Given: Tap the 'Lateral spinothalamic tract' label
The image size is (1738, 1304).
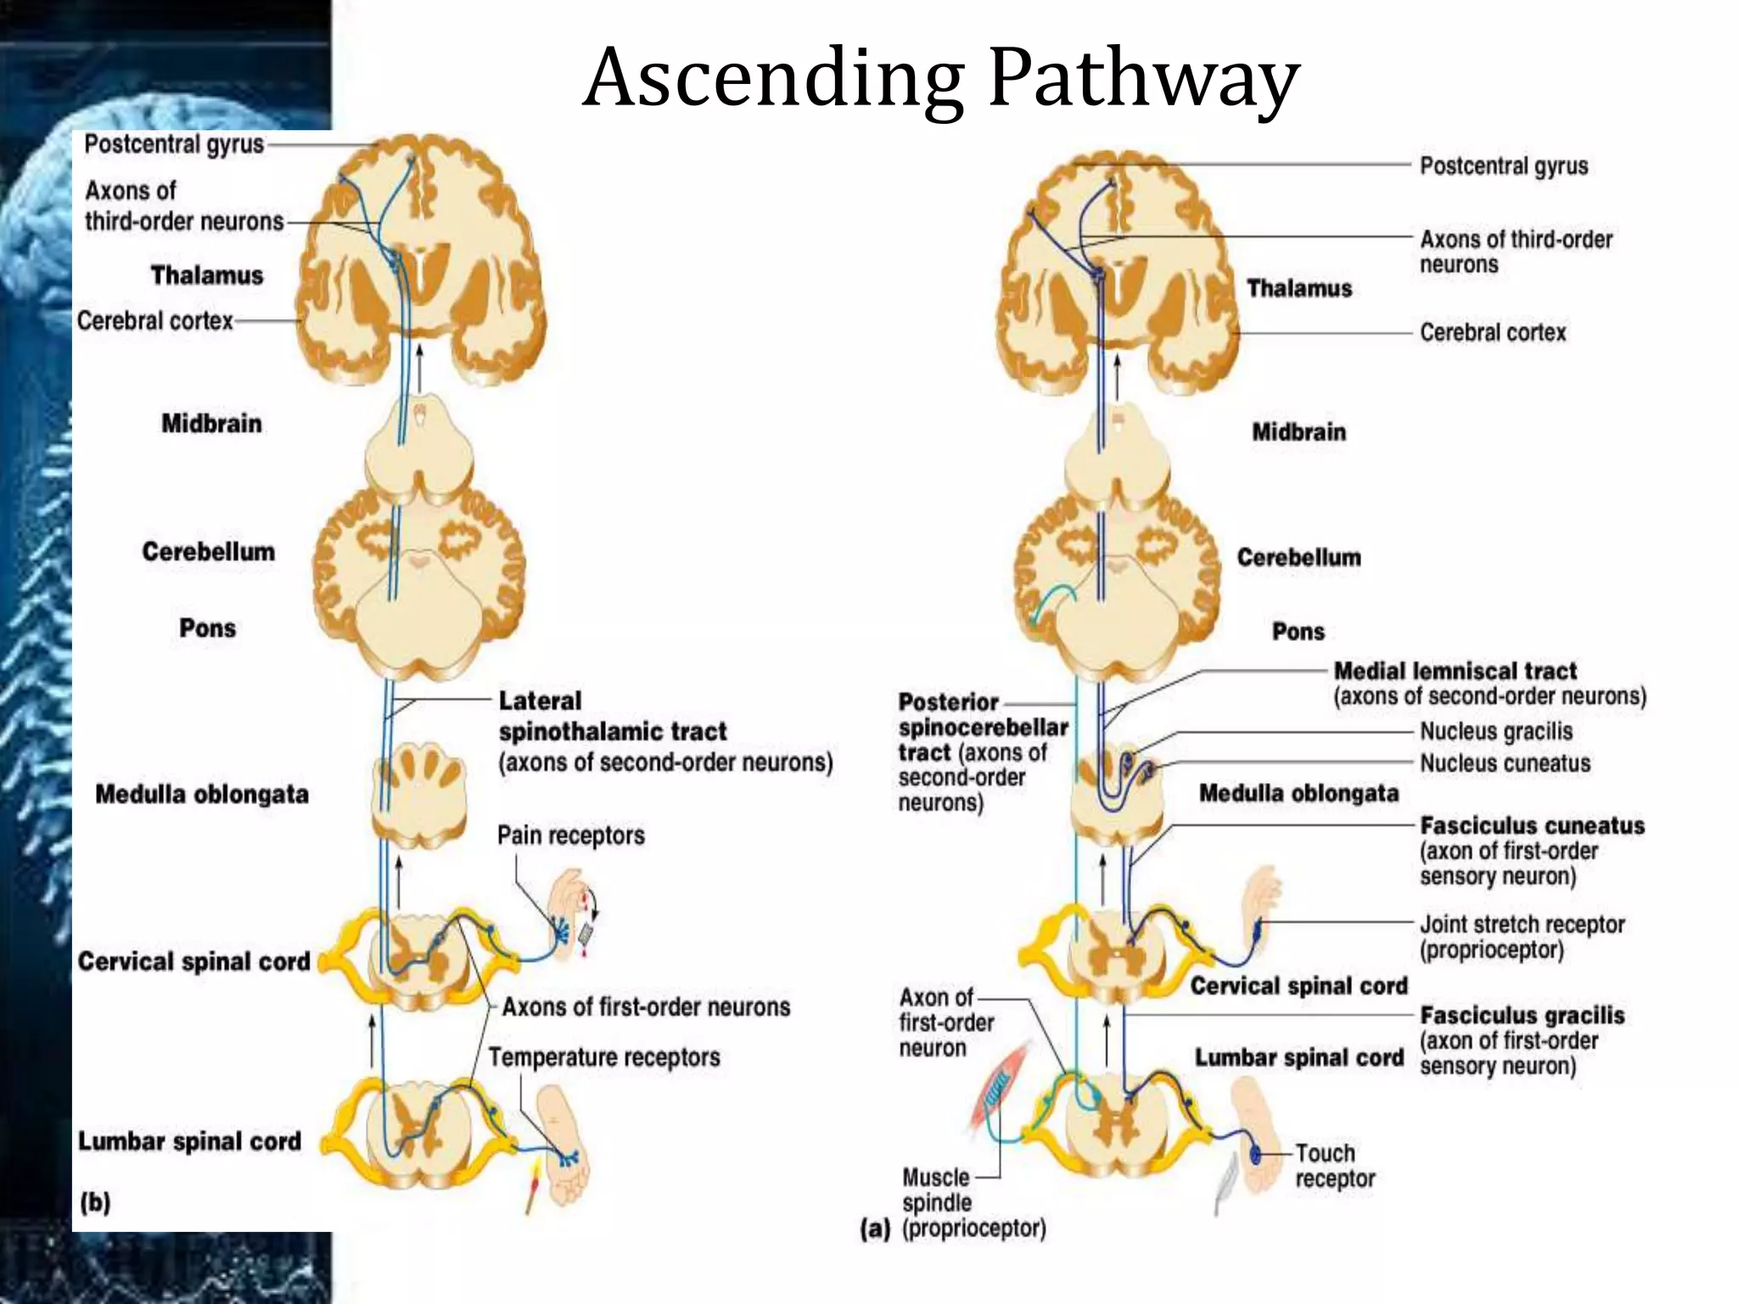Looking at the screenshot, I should tap(613, 717).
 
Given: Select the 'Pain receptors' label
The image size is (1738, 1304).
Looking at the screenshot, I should tap(570, 835).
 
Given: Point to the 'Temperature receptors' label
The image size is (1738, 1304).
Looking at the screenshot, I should tap(604, 1058).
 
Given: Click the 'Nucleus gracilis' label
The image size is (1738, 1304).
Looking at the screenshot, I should tap(1496, 732).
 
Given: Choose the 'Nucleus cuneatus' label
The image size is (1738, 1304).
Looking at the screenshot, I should tap(1505, 763).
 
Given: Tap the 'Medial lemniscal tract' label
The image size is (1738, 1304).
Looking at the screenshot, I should tap(1455, 672).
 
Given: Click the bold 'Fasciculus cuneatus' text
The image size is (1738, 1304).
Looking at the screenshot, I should tap(1532, 826).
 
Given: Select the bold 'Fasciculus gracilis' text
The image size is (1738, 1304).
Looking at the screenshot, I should tap(1522, 1015).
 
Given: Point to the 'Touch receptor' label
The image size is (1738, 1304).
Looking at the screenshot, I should tap(1334, 1166).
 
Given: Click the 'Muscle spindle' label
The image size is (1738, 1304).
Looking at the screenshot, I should tap(936, 1189).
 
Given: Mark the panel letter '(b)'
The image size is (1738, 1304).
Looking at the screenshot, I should tap(95, 1202).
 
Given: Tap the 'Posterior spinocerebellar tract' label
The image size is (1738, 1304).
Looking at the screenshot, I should tap(982, 728).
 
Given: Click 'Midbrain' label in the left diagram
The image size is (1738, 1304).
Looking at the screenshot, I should tap(211, 424).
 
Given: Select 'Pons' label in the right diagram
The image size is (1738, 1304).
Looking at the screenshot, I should tap(1298, 632).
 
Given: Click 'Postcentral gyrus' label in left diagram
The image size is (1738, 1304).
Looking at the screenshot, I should tap(174, 144).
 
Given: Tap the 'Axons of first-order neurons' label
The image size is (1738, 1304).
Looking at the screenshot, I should tap(645, 1008).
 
